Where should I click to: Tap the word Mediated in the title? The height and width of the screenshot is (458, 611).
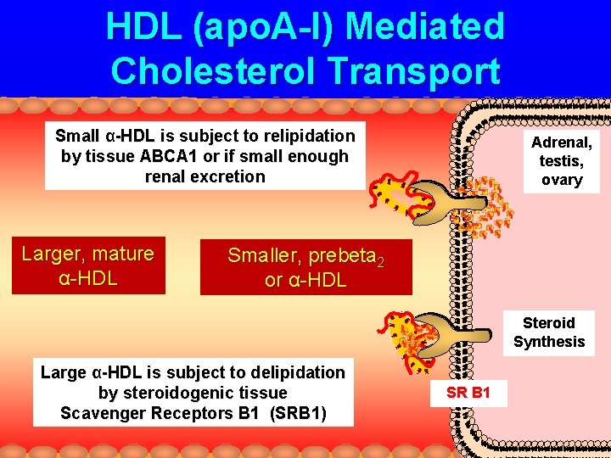point(424,27)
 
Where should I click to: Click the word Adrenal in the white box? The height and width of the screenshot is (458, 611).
point(561,142)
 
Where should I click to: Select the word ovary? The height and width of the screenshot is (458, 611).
point(561,179)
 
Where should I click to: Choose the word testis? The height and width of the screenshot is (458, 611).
point(561,160)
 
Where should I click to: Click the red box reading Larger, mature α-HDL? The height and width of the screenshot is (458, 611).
point(88,265)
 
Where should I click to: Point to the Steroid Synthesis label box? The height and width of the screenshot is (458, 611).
point(548,332)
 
